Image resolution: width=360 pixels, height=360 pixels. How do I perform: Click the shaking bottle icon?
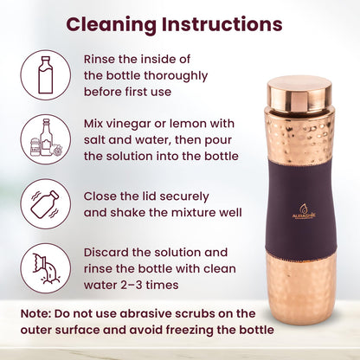[44, 203]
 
